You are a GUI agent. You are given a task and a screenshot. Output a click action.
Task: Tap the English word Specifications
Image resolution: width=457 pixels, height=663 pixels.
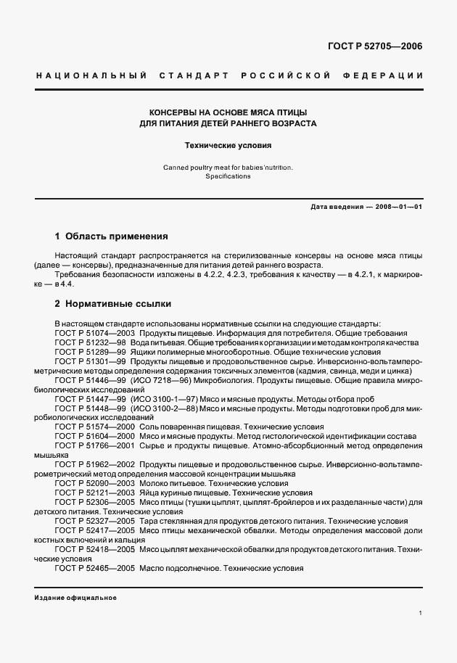(x=228, y=176)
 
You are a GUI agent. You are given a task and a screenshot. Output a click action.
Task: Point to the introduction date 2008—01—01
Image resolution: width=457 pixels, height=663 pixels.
(x=398, y=207)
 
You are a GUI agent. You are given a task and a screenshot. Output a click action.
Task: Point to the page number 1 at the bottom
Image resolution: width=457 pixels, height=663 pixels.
(x=420, y=613)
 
